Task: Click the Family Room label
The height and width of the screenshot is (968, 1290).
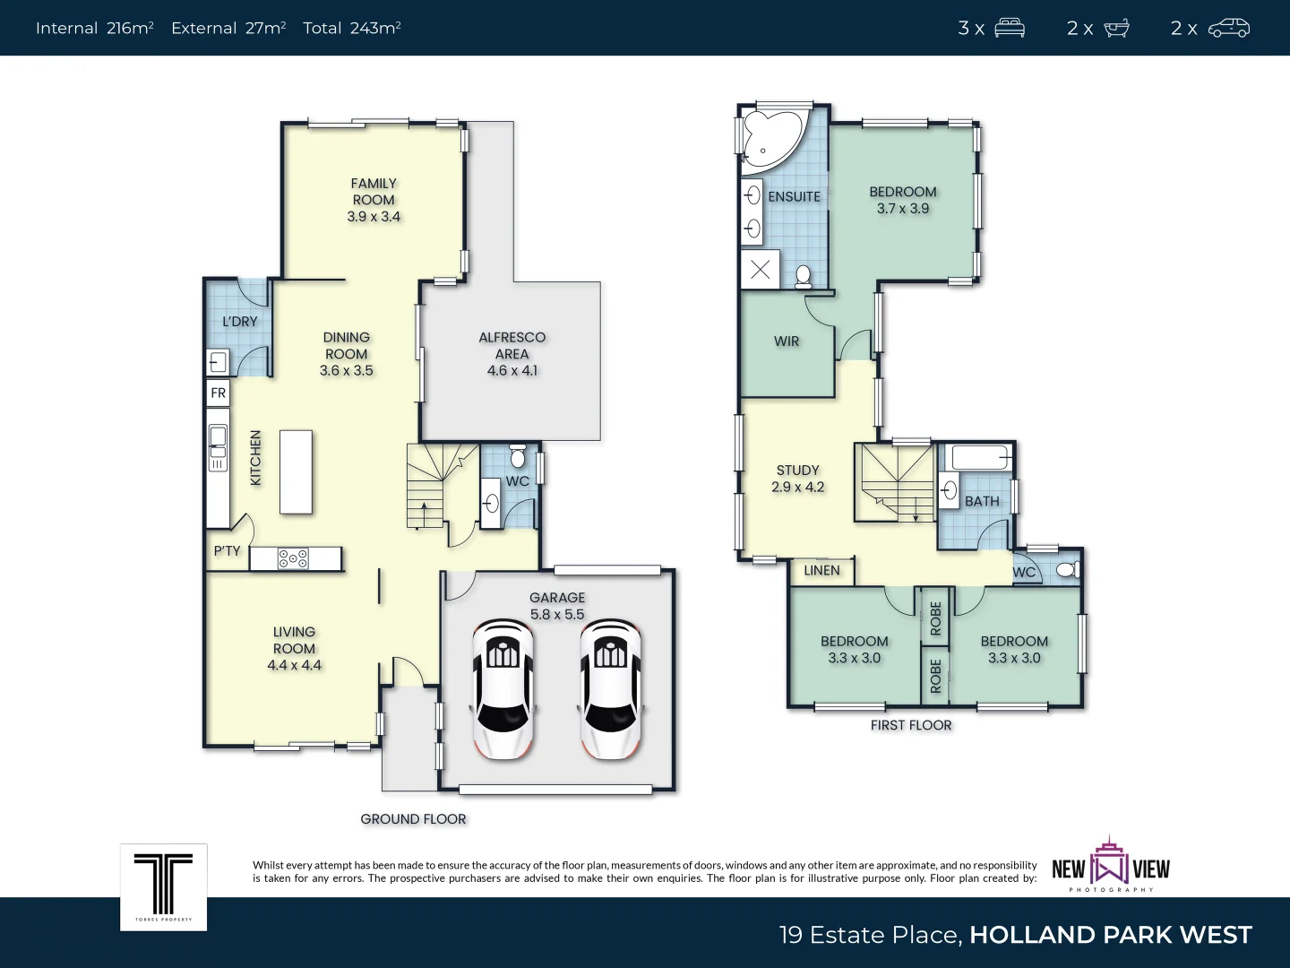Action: (374, 192)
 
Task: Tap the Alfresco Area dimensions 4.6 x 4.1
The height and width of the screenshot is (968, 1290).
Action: (512, 370)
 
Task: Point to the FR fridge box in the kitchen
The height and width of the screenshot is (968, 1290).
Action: (218, 393)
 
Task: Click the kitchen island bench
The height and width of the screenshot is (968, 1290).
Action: (297, 471)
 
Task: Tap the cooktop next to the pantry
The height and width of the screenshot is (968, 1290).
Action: (293, 558)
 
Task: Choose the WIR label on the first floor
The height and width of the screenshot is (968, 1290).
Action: (787, 341)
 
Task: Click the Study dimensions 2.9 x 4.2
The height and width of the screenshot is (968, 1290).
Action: (797, 487)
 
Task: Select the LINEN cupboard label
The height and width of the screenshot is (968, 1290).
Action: (821, 570)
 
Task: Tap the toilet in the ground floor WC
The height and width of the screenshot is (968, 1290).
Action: (517, 456)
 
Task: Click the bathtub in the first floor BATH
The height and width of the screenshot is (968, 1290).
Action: (980, 457)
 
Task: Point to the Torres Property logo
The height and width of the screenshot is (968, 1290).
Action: (164, 886)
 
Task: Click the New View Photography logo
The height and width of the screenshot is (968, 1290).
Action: (1111, 866)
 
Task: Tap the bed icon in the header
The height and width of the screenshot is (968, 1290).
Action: (1010, 29)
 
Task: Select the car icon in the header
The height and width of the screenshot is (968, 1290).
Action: (1229, 29)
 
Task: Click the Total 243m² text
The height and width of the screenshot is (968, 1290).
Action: (351, 29)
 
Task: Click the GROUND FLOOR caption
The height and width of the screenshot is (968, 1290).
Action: (413, 819)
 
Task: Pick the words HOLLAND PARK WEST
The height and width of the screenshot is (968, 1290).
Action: (1110, 935)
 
